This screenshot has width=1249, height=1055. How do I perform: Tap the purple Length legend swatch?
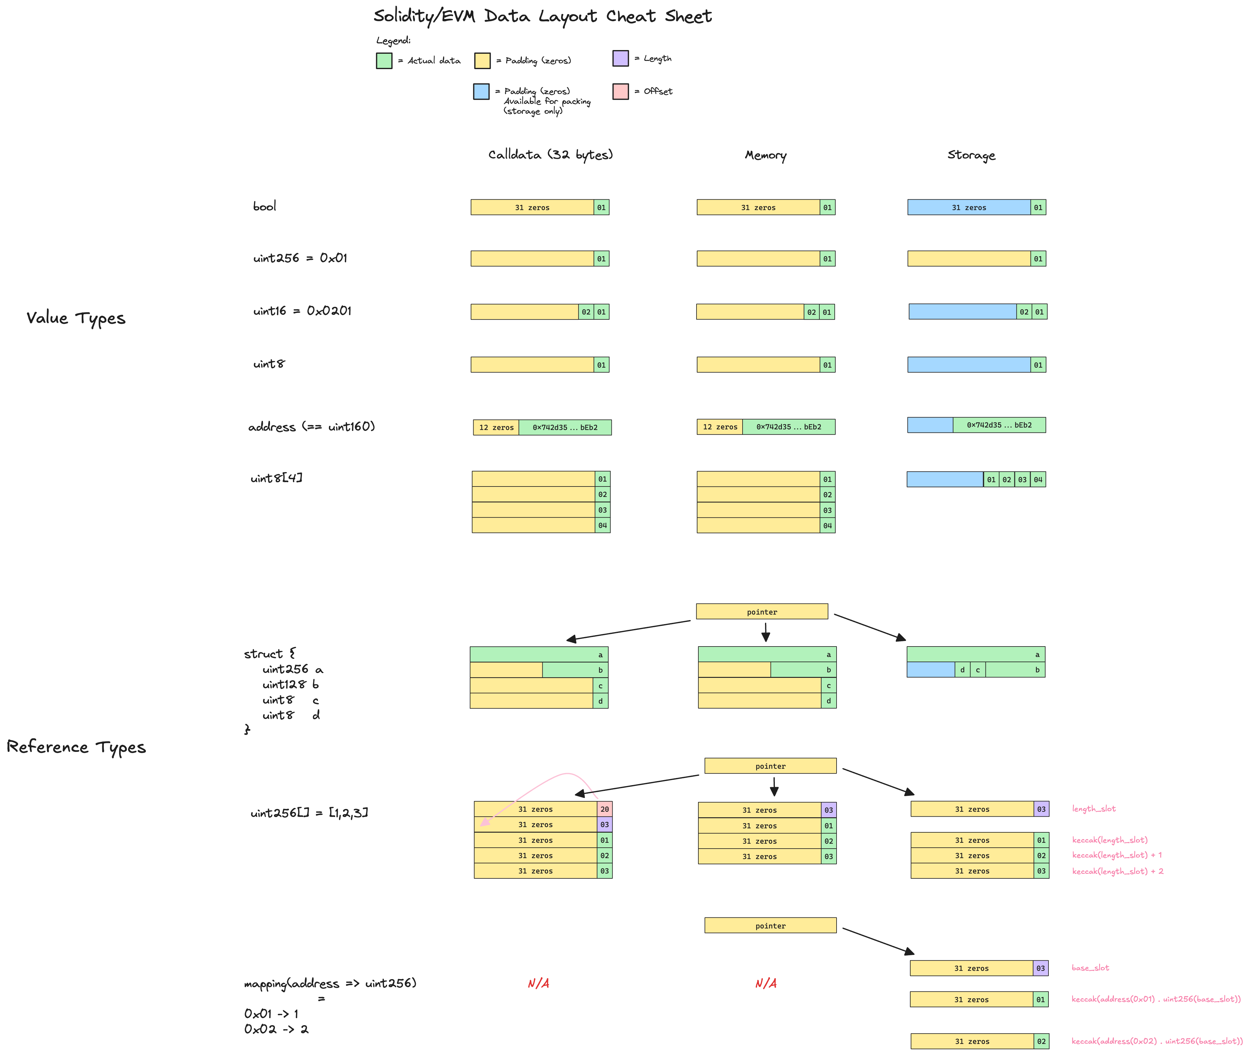(x=620, y=58)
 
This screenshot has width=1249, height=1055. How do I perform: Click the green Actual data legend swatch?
(x=384, y=61)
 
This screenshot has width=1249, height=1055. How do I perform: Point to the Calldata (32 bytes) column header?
(x=550, y=155)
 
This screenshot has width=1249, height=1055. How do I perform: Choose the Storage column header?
(x=971, y=155)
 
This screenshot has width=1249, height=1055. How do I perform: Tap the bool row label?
(x=264, y=206)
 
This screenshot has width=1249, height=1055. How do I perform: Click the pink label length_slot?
(x=1093, y=809)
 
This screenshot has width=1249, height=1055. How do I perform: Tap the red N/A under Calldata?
(x=538, y=983)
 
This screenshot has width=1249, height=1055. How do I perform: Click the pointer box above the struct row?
(x=762, y=611)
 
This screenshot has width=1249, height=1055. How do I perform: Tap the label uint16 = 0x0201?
(x=302, y=311)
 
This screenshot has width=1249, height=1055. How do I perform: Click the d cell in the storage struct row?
(x=962, y=670)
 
